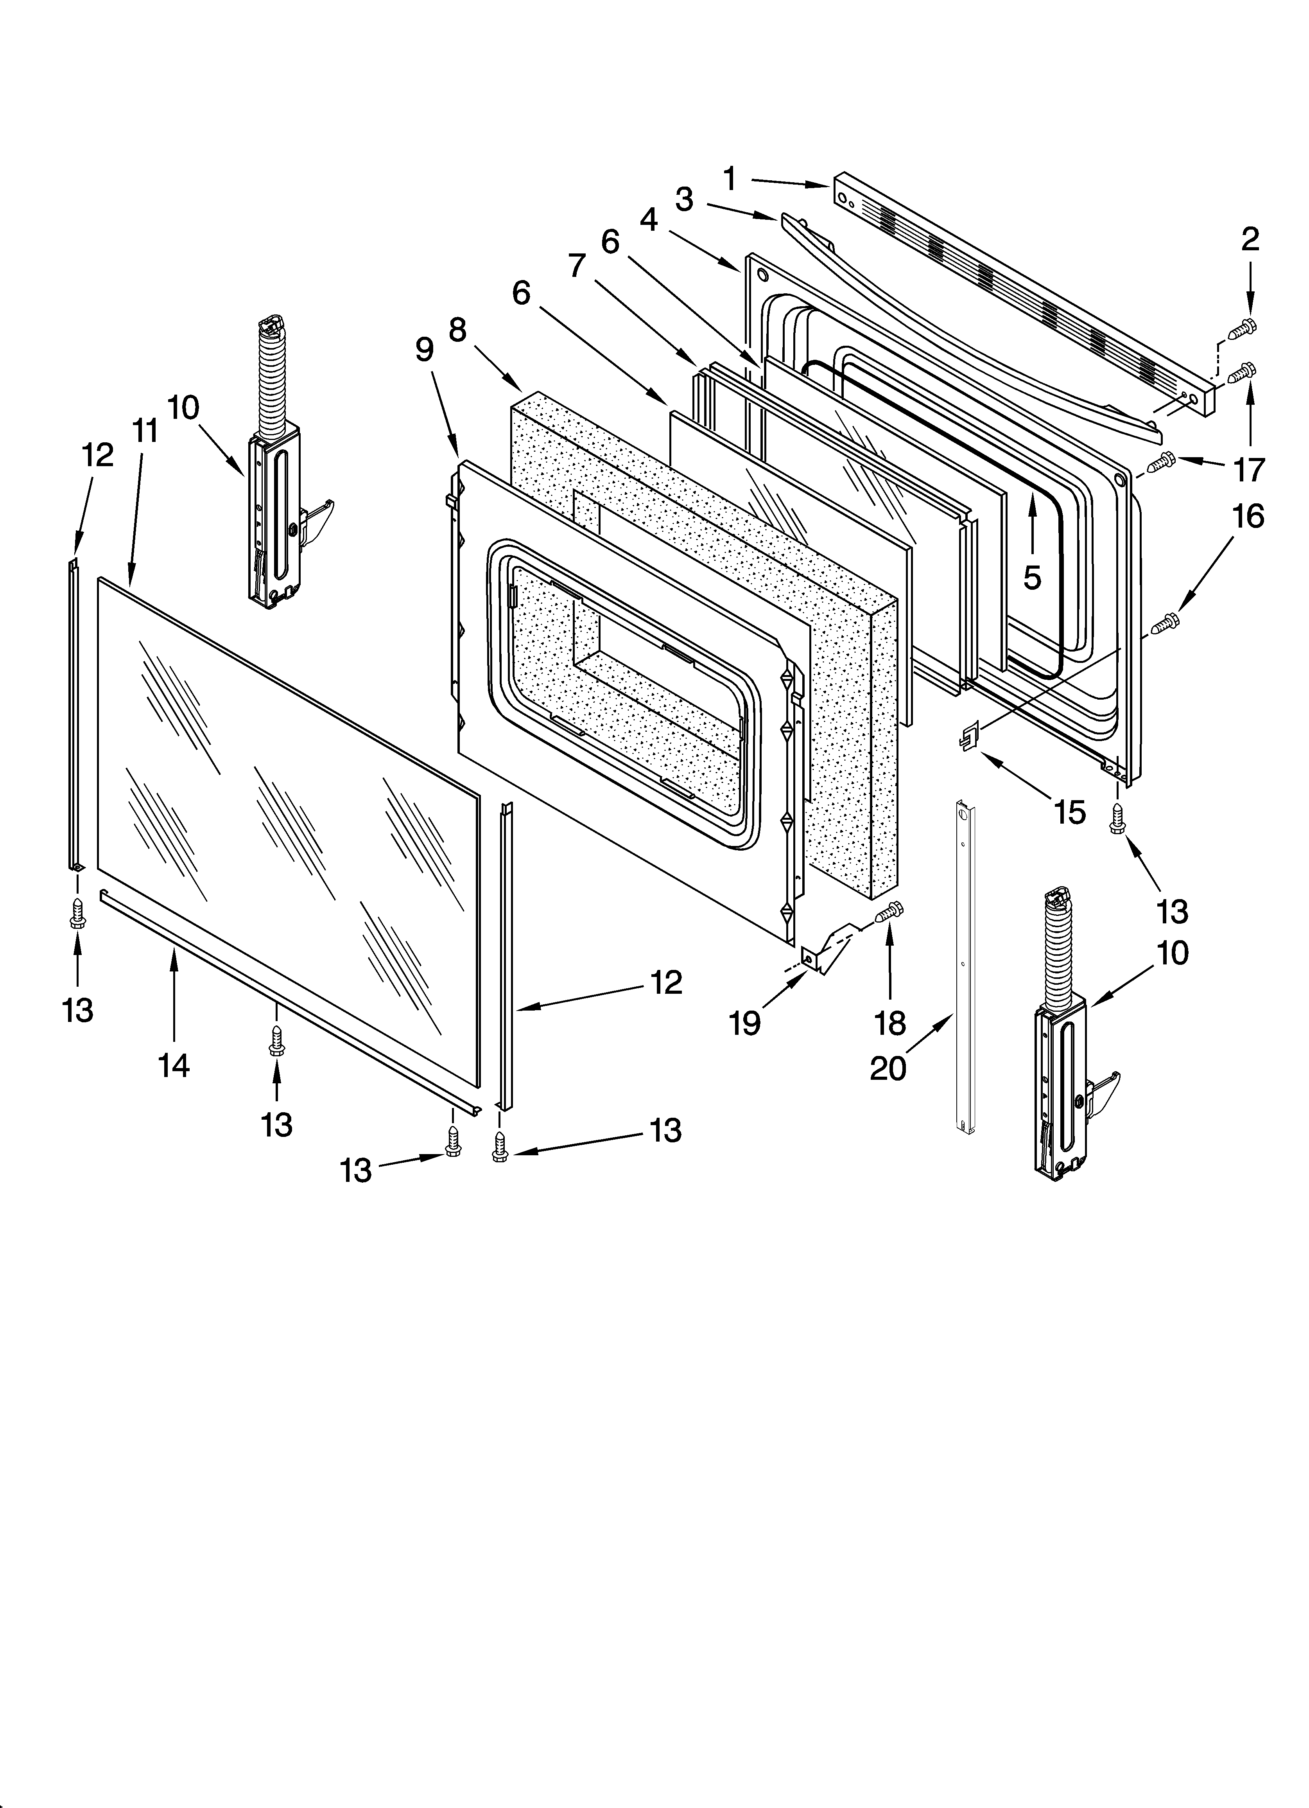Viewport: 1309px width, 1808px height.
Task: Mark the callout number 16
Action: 1248,517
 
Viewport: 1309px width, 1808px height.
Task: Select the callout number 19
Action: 744,1023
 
